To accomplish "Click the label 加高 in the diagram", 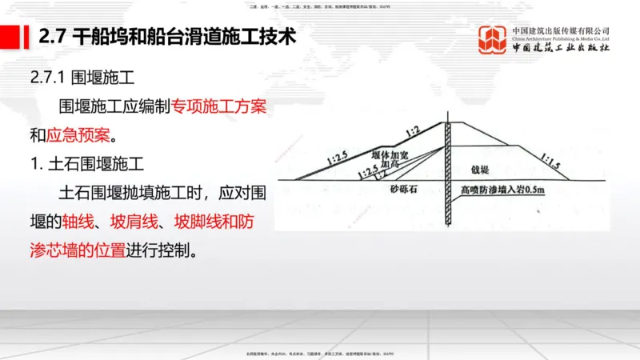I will (x=390, y=164).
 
